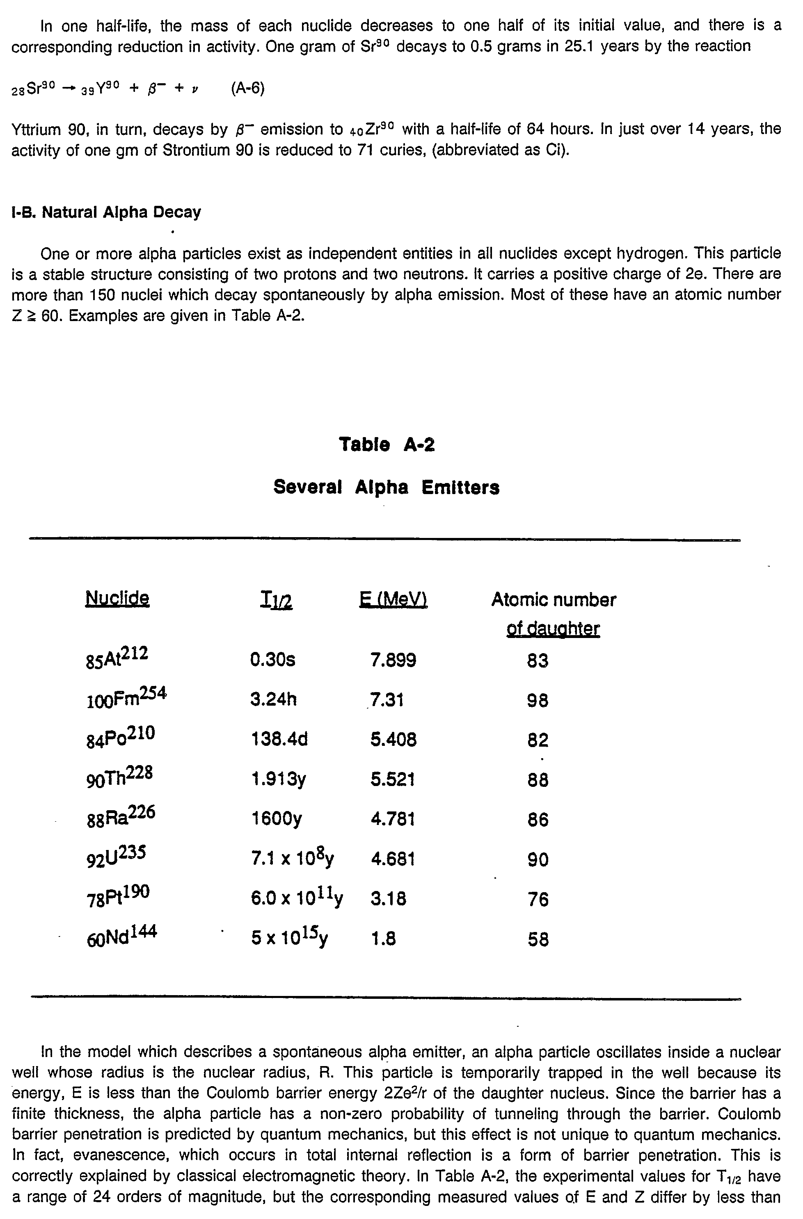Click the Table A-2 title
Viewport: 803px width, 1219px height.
coord(387,444)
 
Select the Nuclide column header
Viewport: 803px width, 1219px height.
coord(117,598)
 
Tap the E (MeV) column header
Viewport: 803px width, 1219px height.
coord(393,599)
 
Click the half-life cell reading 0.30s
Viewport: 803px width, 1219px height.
coord(272,660)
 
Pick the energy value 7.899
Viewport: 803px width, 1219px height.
coord(393,660)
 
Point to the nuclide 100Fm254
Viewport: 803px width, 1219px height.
coord(126,697)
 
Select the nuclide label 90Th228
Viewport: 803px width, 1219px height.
coord(119,777)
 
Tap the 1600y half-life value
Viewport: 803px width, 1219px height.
coord(277,819)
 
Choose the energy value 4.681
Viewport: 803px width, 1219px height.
coord(393,859)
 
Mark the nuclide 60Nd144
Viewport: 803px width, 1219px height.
coord(122,937)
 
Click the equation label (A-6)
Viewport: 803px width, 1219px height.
coord(247,89)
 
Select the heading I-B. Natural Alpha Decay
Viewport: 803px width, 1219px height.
coord(106,212)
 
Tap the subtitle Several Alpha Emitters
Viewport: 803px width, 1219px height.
coord(387,487)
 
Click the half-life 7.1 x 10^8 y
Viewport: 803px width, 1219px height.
coord(292,857)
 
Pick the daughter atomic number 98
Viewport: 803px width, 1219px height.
coord(538,700)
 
